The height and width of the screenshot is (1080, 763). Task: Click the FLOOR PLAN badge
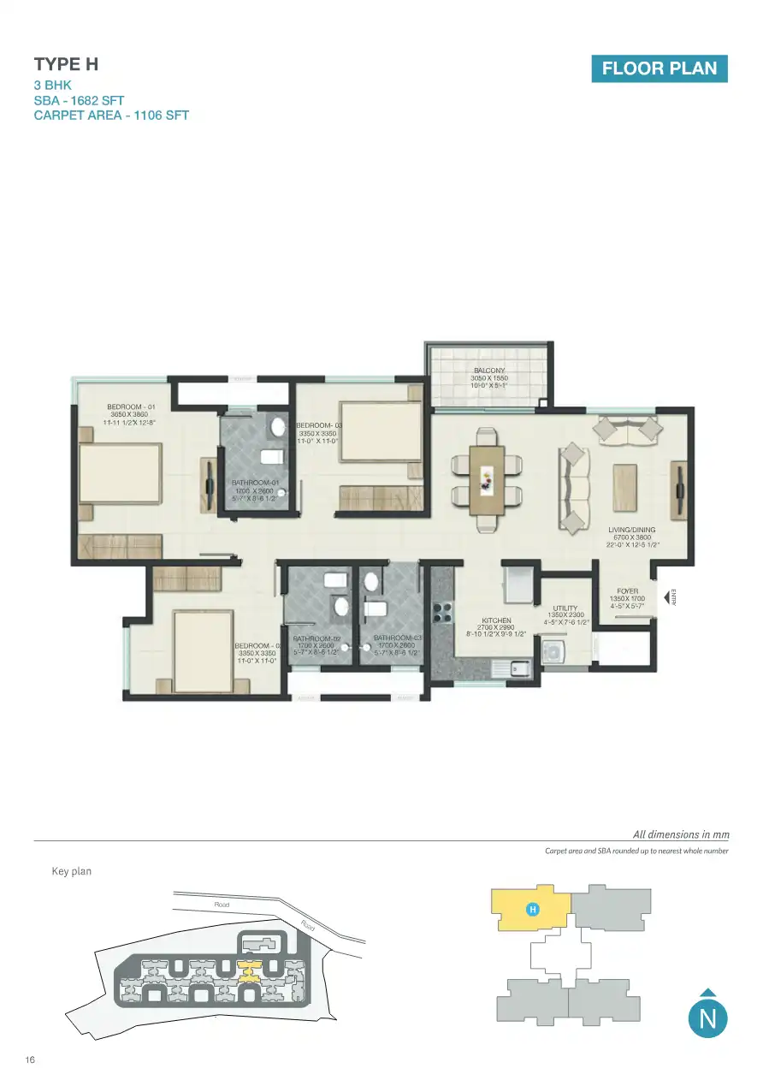[x=659, y=68]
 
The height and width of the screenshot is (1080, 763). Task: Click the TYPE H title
[x=60, y=64]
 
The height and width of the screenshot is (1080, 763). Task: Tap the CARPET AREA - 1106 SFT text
[x=111, y=116]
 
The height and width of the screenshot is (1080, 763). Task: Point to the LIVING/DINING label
[x=631, y=531]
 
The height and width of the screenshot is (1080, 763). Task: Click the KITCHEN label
[x=496, y=620]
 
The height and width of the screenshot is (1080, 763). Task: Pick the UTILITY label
[x=565, y=608]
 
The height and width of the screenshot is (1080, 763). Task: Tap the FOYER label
[x=627, y=591]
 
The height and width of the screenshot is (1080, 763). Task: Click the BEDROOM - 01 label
[x=131, y=407]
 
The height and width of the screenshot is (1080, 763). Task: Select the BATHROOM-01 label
[x=256, y=484]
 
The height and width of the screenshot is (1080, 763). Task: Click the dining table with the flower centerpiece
[x=487, y=478]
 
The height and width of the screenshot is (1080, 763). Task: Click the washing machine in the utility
[x=553, y=653]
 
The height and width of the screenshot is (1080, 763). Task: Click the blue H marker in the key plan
[x=531, y=909]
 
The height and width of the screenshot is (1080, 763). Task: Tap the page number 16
[x=30, y=1060]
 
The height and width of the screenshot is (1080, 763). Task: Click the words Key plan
[x=72, y=871]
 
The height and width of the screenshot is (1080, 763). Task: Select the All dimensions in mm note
[x=680, y=834]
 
